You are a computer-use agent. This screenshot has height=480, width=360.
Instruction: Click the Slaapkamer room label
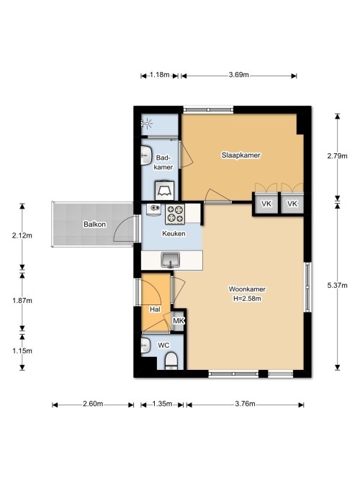pos(240,155)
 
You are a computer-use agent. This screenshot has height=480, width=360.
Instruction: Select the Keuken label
pos(174,234)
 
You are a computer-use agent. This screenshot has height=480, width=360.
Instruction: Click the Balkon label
pos(94,225)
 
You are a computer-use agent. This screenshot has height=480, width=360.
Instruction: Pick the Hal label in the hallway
pos(154,309)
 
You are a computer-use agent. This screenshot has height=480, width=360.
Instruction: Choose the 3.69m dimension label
pos(238,75)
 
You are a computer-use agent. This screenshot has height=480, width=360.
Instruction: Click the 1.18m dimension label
pos(159,75)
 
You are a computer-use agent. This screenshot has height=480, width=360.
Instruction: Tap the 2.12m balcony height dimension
pos(22,235)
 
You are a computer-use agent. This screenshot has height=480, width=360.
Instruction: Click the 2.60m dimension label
pos(93,404)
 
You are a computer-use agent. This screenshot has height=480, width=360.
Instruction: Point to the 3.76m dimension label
pos(244,404)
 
